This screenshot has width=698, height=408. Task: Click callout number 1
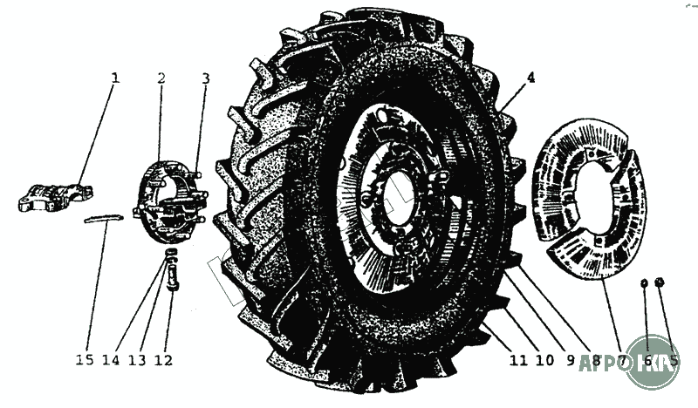click(114, 78)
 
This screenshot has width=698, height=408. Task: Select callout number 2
click(161, 78)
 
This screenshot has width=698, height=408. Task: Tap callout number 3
click(205, 78)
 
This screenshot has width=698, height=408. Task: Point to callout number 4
click(530, 78)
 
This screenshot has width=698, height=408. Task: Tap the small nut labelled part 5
click(660, 282)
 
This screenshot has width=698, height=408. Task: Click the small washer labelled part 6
click(643, 282)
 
